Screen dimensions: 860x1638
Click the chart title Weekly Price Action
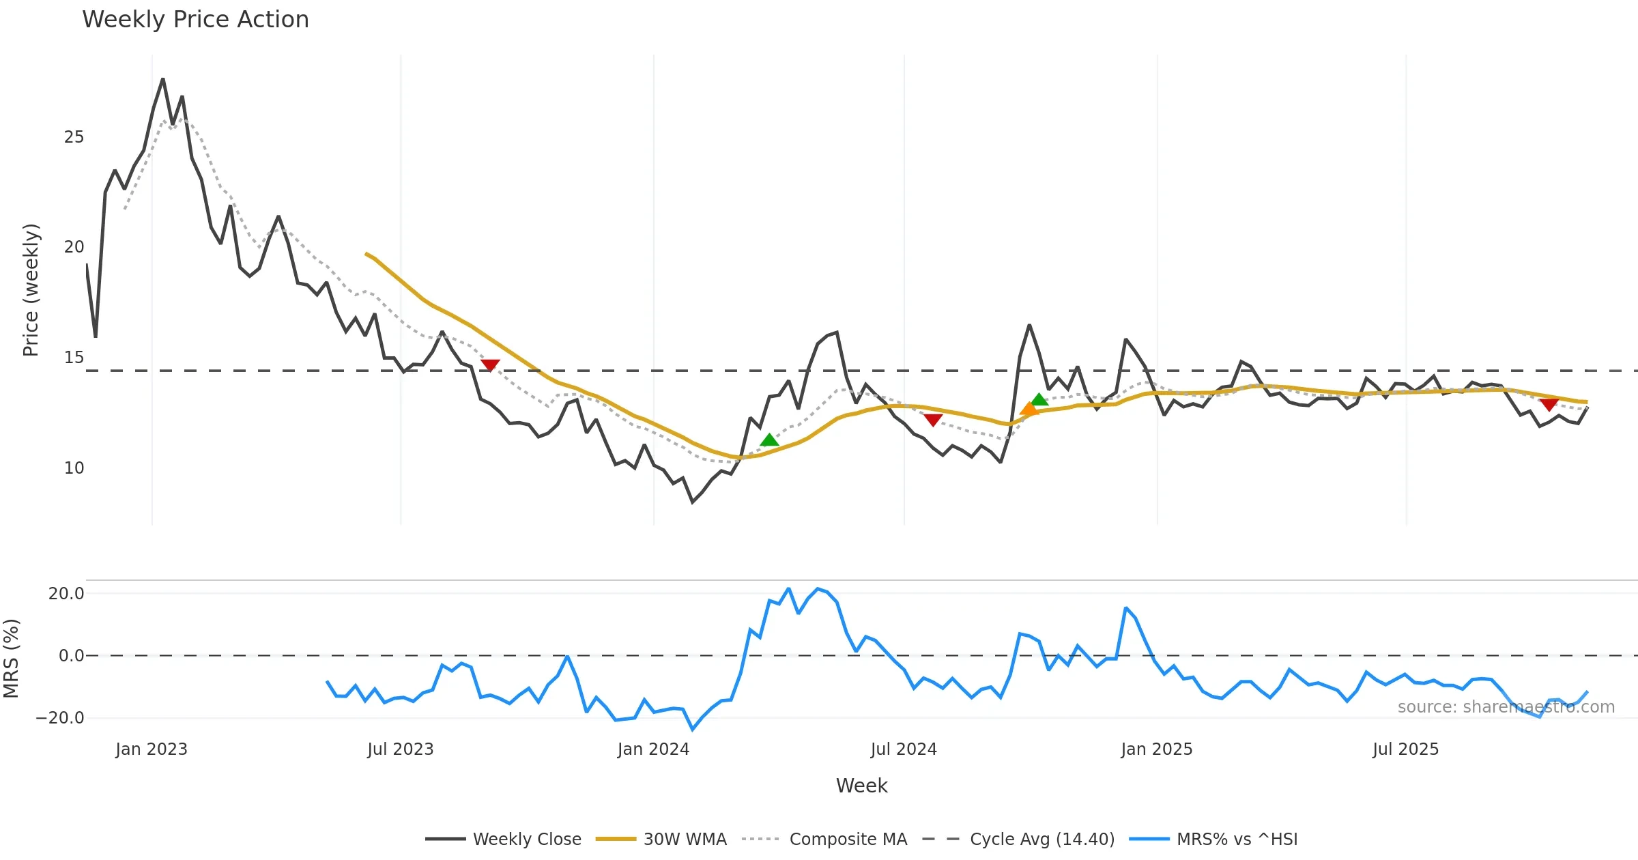click(x=195, y=20)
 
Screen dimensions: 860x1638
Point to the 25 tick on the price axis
click(x=74, y=137)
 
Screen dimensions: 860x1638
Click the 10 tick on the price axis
click(x=74, y=468)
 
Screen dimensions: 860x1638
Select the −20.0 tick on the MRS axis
click(x=60, y=718)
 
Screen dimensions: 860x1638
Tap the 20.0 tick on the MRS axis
click(x=66, y=594)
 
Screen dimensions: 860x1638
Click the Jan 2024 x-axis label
click(x=653, y=749)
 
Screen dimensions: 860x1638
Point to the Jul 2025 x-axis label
click(x=1405, y=749)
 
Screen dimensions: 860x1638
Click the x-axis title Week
click(x=861, y=786)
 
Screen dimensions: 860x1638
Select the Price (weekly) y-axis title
click(x=31, y=290)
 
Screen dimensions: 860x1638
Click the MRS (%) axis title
click(x=11, y=658)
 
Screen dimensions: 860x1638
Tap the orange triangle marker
click(x=1029, y=409)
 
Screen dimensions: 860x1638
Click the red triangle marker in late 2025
click(x=1549, y=404)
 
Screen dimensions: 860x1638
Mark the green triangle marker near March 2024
click(x=769, y=440)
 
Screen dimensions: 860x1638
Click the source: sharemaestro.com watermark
click(x=1506, y=707)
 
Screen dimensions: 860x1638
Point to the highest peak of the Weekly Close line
click(x=162, y=79)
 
